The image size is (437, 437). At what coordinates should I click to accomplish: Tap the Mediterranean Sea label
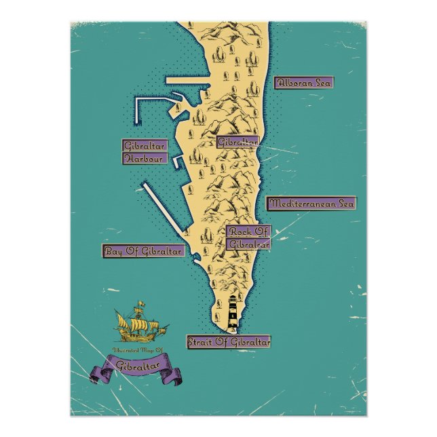311,203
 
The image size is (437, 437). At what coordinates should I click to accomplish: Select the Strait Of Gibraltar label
228,341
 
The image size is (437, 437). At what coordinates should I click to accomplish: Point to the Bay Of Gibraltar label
143,251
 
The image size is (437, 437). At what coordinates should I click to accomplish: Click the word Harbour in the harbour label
143,158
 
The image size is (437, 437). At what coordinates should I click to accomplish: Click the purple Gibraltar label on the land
237,142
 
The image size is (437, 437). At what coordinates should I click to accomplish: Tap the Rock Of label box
248,231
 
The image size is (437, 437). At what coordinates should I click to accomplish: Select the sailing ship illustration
140,324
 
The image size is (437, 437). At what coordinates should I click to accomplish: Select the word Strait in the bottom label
201,341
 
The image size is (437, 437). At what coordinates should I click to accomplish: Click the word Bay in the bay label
113,251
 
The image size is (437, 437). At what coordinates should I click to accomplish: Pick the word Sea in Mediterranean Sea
343,203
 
